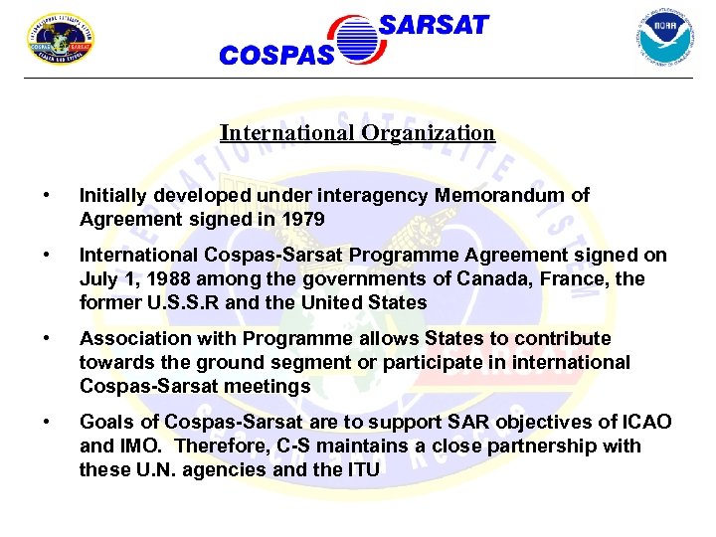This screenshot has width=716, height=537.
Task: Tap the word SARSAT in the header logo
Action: [x=434, y=25]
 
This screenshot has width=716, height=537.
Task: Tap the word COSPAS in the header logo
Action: [x=276, y=56]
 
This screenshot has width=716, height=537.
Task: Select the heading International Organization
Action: [x=357, y=132]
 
